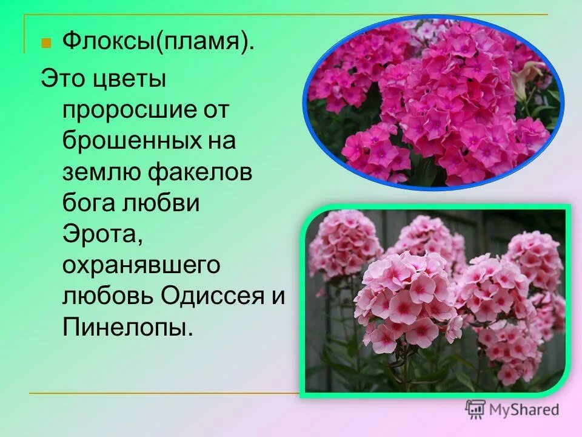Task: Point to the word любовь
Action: point(107,297)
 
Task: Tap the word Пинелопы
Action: point(127,328)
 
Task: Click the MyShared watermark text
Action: point(524,410)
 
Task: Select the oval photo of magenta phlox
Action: point(433,103)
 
